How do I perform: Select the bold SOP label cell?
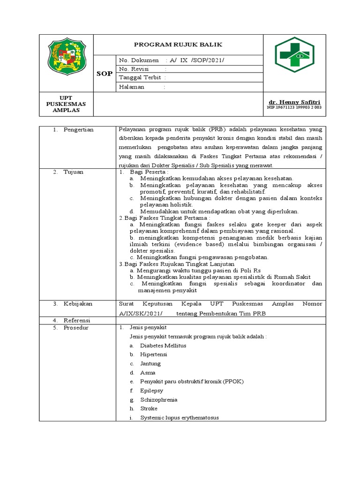click(104, 74)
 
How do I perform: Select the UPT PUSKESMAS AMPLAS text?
click(66, 104)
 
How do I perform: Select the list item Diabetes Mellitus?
click(163, 345)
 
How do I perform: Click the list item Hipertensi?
click(153, 354)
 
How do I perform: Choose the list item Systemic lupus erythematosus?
click(179, 418)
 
